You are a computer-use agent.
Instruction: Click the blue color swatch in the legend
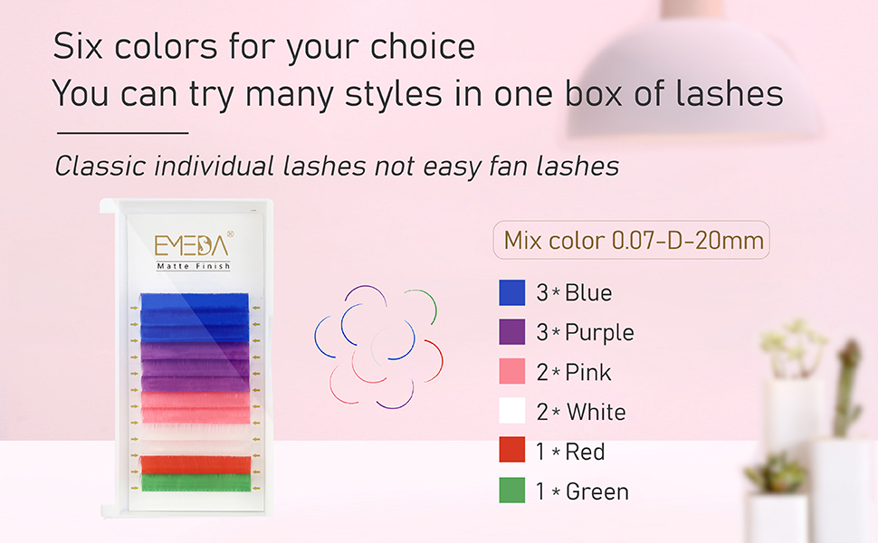tap(512, 292)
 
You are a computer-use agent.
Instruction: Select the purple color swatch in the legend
tap(512, 332)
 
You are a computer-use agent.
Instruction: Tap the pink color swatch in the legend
tap(512, 372)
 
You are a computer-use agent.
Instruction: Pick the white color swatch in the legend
tap(512, 412)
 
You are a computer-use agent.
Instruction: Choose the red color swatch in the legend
tap(512, 451)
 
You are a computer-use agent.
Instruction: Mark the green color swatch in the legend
tap(512, 491)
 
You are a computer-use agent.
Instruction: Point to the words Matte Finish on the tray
tap(193, 266)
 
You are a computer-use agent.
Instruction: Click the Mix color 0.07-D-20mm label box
tap(631, 241)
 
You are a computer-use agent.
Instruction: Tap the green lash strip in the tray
tap(195, 484)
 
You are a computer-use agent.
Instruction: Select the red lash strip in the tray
tap(195, 464)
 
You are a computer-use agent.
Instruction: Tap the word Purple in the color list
tap(599, 333)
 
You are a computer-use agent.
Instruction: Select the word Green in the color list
tap(596, 491)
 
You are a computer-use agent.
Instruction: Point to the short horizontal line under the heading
tap(121, 133)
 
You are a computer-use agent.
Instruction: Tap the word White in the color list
tap(596, 413)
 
